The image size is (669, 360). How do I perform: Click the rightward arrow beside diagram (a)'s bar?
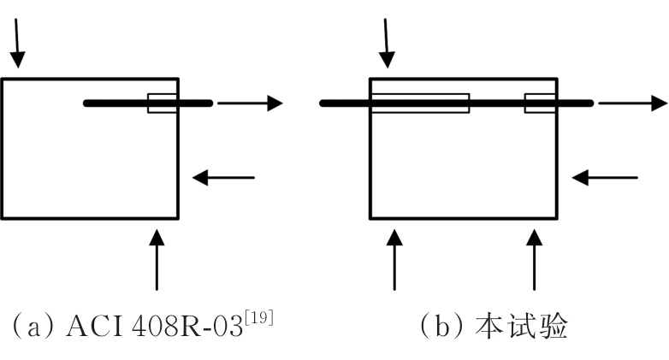click(249, 103)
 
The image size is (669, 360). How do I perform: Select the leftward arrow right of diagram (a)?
click(223, 178)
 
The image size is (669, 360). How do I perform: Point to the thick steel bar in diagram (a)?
click(120, 103)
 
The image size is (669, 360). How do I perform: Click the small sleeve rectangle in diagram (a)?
click(163, 103)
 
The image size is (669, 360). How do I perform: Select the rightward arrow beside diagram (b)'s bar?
click(631, 103)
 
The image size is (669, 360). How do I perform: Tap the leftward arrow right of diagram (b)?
click(604, 178)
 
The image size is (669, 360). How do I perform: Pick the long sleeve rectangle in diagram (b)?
click(419, 103)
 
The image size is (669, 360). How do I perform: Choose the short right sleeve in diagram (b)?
click(542, 103)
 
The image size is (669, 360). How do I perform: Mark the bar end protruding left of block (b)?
click(345, 103)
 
